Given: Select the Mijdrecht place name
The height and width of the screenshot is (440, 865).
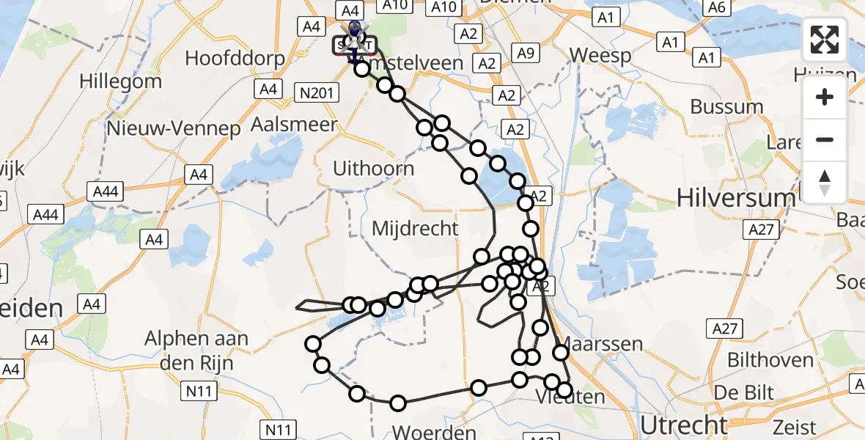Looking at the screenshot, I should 415,228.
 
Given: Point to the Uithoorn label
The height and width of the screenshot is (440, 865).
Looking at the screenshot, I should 373,168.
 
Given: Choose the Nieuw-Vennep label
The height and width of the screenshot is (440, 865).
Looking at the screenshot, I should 173,129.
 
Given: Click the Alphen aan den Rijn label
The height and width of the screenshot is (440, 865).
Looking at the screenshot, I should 196,351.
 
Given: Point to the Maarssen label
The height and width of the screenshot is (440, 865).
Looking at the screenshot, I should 600,344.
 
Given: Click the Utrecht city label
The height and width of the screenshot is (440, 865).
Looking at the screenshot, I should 684,425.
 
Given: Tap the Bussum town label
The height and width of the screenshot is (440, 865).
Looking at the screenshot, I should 726,106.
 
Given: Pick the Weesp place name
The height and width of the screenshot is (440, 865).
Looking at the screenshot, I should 600,56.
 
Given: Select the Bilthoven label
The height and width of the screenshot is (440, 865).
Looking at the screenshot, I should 770,360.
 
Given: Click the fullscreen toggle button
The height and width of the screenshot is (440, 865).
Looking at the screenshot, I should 825,40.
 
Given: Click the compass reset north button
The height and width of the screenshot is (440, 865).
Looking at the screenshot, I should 825,182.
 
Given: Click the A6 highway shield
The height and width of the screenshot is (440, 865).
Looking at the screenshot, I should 717,7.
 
